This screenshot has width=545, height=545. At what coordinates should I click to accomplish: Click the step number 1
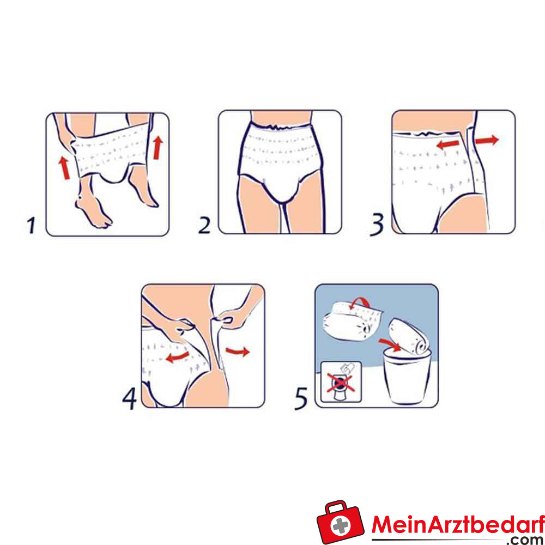pos(31,225)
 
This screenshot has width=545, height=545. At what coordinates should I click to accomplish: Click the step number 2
pos(204,225)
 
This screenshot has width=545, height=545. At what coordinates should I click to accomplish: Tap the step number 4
pos(130,398)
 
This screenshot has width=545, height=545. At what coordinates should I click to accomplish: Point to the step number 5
pos(301,399)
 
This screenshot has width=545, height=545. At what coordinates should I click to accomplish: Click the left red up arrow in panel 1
pos(64,168)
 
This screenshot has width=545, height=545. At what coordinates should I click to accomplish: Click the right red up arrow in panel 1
pos(158,148)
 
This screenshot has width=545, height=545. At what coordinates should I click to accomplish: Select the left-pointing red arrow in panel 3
pos(447,144)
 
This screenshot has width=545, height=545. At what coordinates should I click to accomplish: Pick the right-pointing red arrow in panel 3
pos(487,140)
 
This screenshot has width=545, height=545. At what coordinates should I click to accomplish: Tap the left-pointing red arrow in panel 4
pos(177,356)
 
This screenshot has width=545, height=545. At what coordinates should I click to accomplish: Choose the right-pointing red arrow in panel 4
pos(238,351)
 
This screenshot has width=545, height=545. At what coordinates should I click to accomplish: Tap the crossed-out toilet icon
pos(341,382)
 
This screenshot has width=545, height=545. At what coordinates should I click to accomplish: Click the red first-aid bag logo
pos(340,522)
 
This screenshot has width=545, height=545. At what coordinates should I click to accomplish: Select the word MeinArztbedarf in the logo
pos(458,524)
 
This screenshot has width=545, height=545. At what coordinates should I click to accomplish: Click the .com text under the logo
pos(526,540)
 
